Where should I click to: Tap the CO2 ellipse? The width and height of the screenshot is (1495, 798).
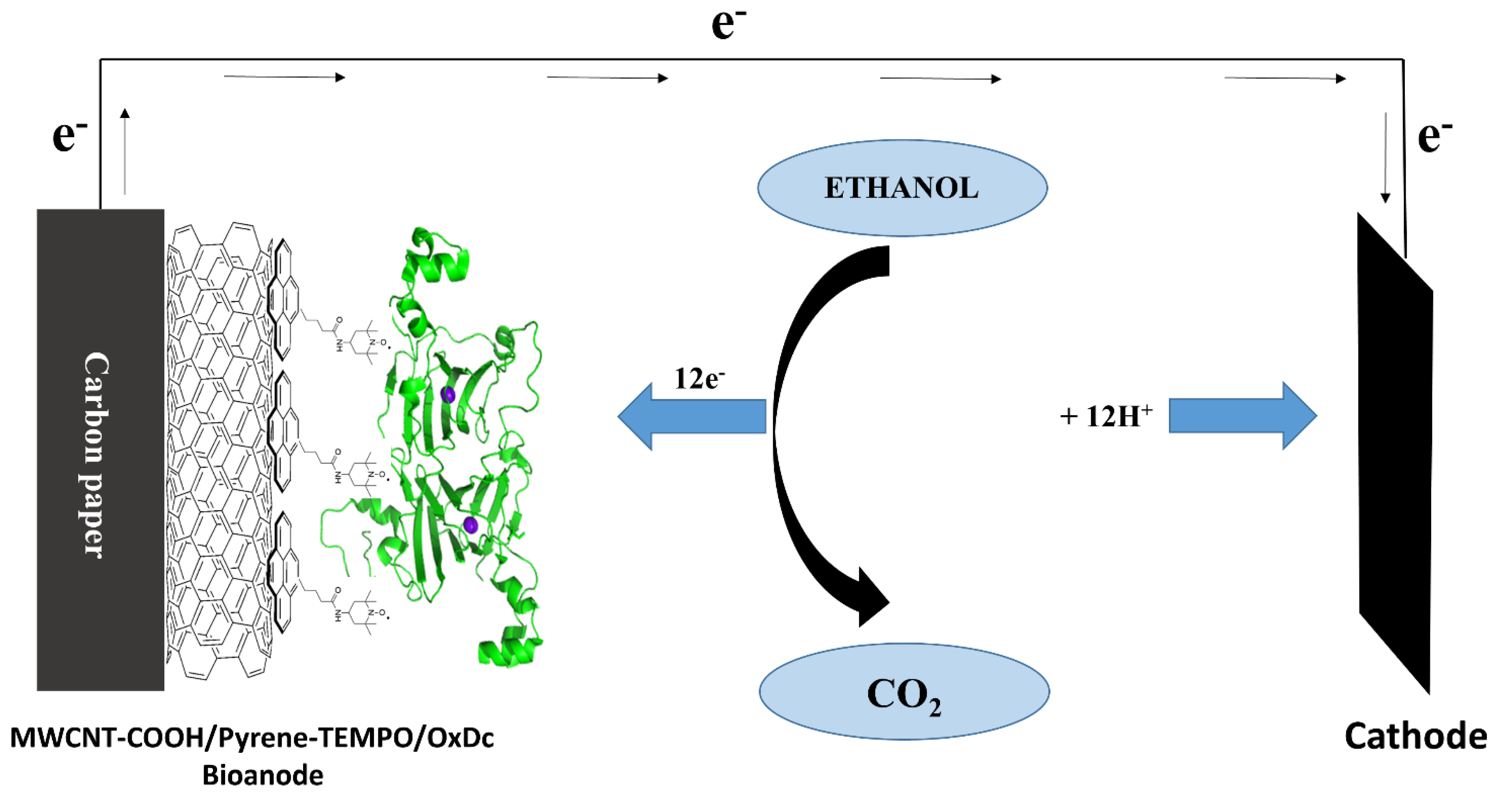(904, 691)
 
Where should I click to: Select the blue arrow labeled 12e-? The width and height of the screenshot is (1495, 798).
(691, 416)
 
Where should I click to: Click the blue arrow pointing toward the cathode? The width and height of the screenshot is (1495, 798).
(1242, 416)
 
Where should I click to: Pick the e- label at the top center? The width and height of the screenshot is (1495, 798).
(728, 24)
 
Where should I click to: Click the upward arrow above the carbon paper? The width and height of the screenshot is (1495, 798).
(125, 151)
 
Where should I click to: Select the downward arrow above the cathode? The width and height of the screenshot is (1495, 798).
(1385, 157)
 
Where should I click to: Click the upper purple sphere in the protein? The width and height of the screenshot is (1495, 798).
(447, 395)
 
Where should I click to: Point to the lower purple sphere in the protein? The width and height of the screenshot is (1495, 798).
(470, 526)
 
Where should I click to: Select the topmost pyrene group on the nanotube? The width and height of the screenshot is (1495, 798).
(283, 299)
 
